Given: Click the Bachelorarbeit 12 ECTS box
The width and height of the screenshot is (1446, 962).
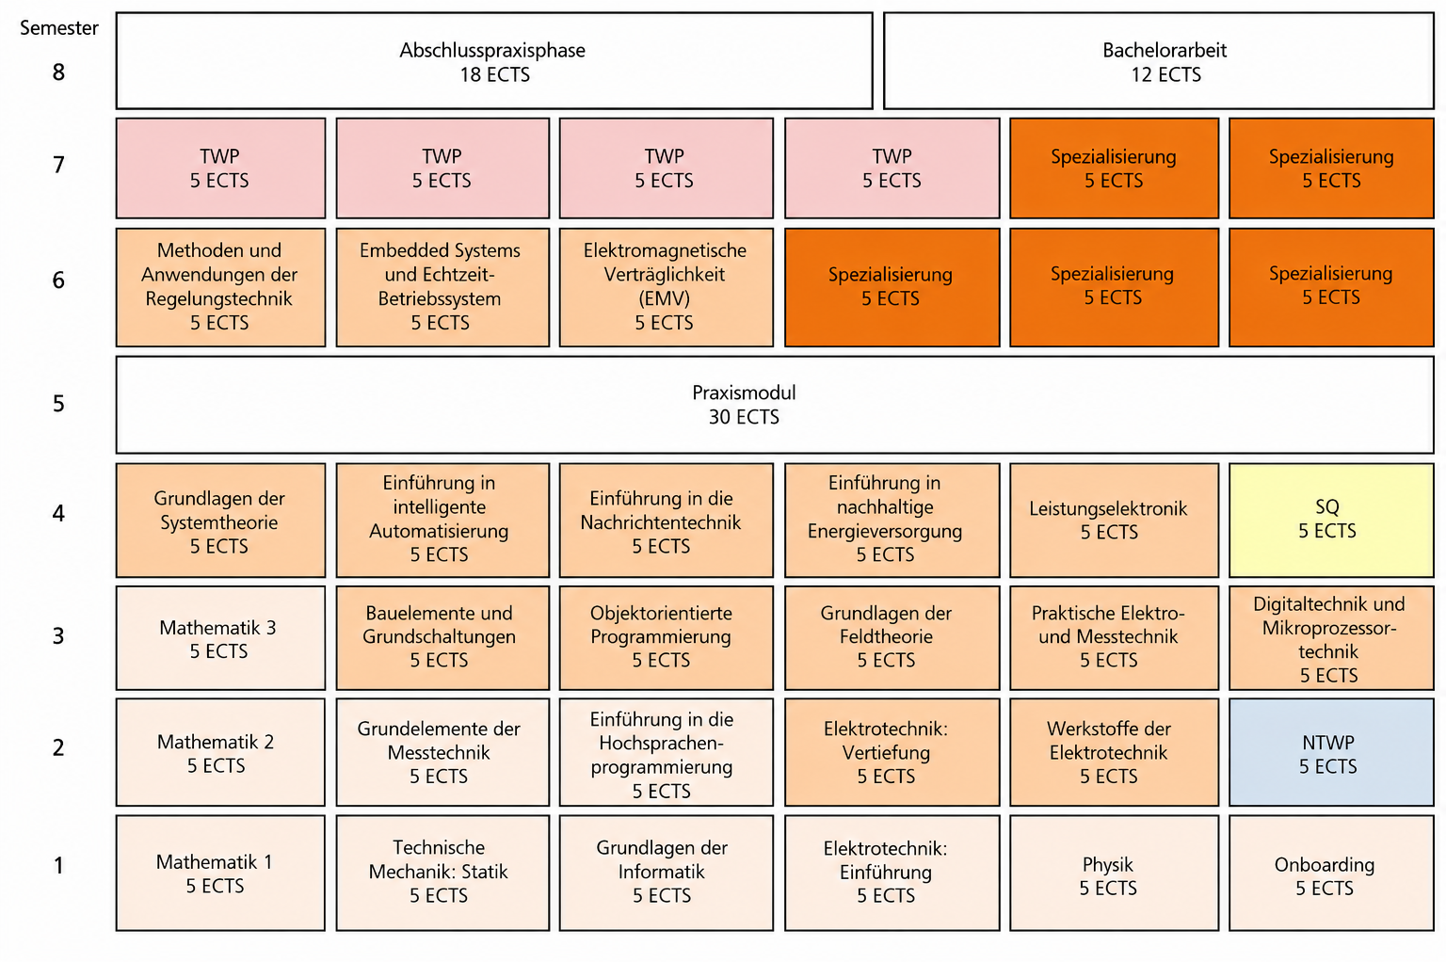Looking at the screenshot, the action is point(1159,60).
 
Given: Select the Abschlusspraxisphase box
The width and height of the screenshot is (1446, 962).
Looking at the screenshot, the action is point(494,60).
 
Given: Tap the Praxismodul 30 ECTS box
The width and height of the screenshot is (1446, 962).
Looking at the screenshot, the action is point(776,405).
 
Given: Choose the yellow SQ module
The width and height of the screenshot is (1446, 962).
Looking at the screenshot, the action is point(1332,520).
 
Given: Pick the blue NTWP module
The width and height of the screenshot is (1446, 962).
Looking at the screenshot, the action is point(1332,752).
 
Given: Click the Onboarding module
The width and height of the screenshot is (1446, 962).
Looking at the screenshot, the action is point(1332,873).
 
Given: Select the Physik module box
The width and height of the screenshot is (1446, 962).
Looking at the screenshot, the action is point(1115,873).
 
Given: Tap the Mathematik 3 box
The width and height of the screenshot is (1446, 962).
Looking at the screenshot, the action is point(221,638).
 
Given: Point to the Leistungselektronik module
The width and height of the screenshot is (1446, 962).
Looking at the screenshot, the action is point(1115,520).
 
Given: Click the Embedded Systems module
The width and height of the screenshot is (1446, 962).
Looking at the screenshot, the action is point(442,287).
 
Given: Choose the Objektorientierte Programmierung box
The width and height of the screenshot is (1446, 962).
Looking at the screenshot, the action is point(667,638).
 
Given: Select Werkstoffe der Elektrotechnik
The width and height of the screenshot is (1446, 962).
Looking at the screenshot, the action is point(1115,752).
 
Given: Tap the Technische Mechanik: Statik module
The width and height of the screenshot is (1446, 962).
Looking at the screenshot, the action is point(442,873).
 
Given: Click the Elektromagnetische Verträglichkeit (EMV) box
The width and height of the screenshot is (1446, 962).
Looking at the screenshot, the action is point(667,287).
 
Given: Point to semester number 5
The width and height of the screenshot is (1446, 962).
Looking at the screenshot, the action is point(58,404).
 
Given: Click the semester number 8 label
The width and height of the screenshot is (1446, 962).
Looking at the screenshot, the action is point(58,72).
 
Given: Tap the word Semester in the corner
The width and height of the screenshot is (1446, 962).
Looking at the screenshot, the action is point(58,27).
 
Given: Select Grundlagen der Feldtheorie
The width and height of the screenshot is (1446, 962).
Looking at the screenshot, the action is point(892,638).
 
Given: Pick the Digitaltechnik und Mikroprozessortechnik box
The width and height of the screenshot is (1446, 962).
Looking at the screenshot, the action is point(1332,638).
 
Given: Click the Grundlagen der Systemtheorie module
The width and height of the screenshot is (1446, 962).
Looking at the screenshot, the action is point(221,520).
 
